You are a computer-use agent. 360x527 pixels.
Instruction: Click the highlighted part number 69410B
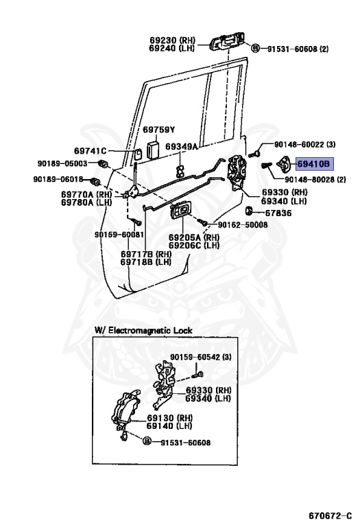pos(313,164)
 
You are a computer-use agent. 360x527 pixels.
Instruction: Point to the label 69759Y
pos(159,130)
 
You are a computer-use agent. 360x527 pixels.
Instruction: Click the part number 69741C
pos(91,151)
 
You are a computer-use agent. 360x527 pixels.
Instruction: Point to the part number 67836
pos(277,213)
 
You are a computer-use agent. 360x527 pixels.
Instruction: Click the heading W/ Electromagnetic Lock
pos(143,331)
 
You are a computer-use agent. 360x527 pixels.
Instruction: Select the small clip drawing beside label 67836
pos(250,210)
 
